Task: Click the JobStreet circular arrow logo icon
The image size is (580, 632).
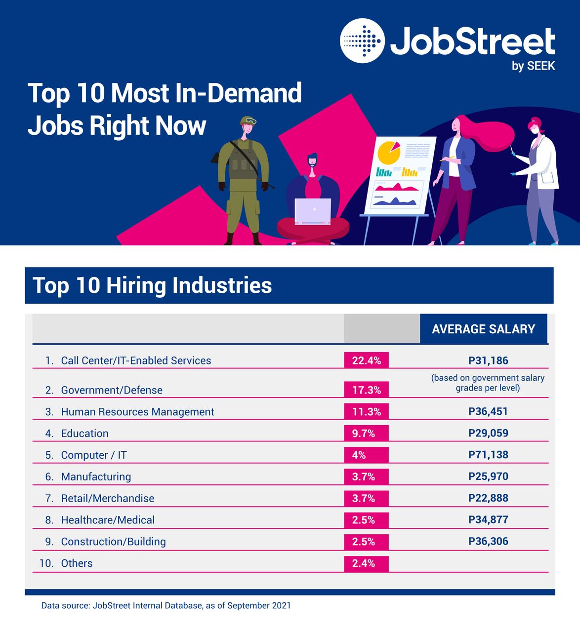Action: coord(362,41)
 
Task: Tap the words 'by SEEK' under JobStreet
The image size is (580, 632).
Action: coord(533,66)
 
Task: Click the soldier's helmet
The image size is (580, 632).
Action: coord(247,121)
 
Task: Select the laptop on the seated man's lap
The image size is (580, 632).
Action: coord(313,211)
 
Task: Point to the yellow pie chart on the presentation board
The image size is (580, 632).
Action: coord(388,152)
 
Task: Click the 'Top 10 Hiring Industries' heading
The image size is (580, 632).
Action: coord(152,285)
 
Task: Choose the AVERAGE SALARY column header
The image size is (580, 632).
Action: coord(483,329)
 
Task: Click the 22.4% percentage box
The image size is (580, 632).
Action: coord(366,360)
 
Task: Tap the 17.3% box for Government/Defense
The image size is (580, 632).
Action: coord(366,390)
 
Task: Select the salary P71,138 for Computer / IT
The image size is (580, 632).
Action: coord(488,455)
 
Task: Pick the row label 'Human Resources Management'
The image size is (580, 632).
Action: coord(137,412)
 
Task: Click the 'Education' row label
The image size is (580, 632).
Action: coord(84,434)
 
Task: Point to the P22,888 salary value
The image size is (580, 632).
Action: coord(488,498)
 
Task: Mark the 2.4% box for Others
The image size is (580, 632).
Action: coord(366,563)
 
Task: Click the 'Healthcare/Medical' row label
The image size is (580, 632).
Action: coord(108,520)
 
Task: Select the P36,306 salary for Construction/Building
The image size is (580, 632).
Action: coord(488,541)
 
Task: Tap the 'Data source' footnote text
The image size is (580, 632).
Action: coord(166,605)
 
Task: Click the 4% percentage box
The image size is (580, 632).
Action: coord(366,455)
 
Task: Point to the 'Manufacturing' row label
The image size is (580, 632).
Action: coord(96,476)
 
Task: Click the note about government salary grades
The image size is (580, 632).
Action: coord(488,383)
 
